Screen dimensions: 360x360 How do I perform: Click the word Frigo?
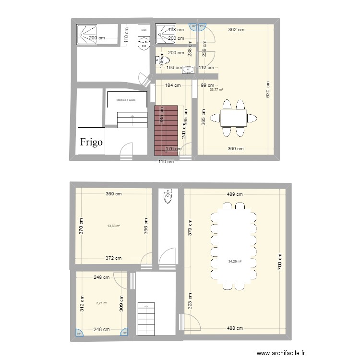[x=92, y=142]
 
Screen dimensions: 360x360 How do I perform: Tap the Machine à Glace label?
[x=126, y=100]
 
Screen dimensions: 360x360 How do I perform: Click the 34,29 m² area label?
[x=235, y=262]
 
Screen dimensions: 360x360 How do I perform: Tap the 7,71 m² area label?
[x=101, y=303]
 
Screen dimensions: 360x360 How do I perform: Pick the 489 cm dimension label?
[x=235, y=194]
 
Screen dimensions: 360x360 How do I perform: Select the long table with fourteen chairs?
[x=234, y=245]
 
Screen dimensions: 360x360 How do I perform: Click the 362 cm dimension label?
[x=236, y=30]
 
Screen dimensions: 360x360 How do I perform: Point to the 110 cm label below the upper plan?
[x=166, y=162]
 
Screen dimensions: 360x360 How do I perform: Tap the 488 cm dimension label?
[x=235, y=328]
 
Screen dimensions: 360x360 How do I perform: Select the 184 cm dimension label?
[x=173, y=86]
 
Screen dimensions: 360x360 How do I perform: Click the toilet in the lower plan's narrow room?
[x=168, y=196]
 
